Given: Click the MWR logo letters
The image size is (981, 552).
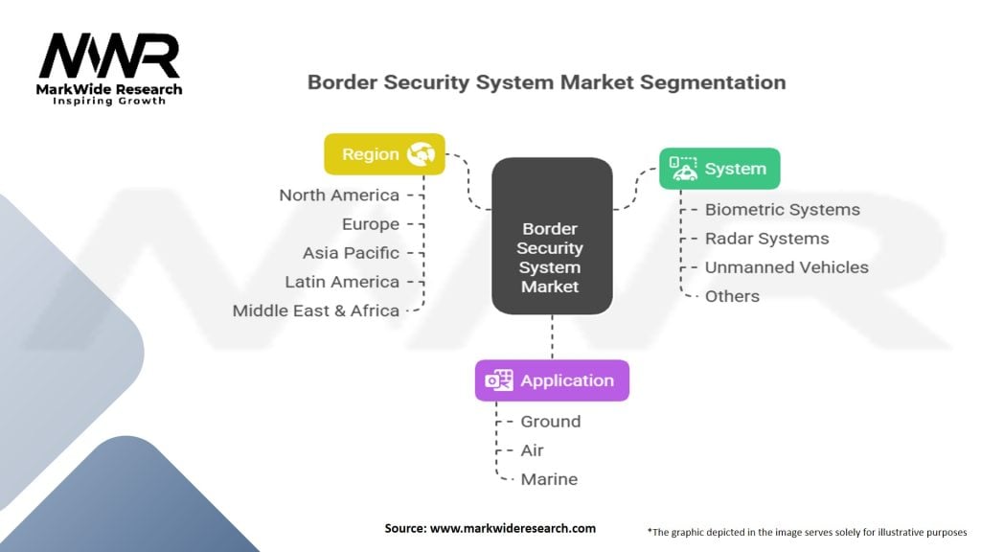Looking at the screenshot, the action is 109,56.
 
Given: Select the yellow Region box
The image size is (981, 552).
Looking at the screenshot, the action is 385,154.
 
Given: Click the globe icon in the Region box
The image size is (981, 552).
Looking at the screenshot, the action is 422,154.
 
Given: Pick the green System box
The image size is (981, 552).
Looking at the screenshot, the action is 719,169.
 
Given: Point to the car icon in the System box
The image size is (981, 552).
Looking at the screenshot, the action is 683,169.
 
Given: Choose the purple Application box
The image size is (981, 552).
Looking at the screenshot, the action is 552,380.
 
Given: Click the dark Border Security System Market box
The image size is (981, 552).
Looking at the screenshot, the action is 552,236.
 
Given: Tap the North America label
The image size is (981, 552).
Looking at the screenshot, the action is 339,195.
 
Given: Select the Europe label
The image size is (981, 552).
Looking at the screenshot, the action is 371,224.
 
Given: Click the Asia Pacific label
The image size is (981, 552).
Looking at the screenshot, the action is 351,253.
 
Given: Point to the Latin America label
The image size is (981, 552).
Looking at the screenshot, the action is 342,282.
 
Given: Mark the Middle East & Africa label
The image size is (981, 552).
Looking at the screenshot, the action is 316,310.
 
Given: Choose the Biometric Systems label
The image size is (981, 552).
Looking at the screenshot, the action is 783,210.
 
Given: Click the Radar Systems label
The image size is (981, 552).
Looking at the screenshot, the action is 767,239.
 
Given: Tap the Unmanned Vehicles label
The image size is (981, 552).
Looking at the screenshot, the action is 787,267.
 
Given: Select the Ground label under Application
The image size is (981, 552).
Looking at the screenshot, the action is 551,422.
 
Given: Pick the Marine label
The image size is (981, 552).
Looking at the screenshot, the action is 549,479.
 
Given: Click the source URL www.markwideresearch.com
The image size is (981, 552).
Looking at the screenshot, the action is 513,528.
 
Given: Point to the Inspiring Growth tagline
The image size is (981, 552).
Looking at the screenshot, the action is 109,101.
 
